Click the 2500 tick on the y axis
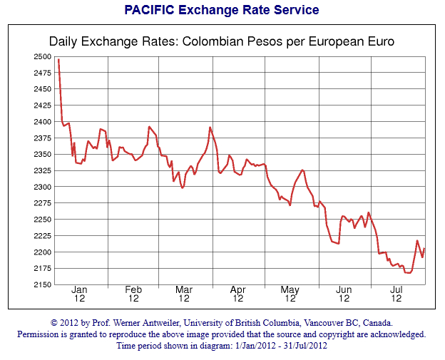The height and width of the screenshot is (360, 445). pos(42,56)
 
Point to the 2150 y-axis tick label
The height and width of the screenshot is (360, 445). pos(42,284)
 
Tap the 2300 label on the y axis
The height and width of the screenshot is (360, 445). pos(42,187)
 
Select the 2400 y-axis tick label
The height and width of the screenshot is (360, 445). pos(42,122)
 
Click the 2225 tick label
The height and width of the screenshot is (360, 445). pos(42,236)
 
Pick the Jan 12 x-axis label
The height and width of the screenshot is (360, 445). pos(79,294)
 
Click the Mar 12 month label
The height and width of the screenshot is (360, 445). pos(185,294)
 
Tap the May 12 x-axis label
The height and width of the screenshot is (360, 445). pos(290,294)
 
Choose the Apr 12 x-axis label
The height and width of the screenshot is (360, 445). pos(237,294)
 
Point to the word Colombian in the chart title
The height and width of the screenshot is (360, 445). pos(208,41)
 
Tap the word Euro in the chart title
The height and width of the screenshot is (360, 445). pos(379,41)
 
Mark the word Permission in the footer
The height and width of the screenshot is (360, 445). pos(41,334)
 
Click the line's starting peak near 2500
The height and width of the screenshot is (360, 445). pos(58,58)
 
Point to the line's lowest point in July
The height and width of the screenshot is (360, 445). pos(408,273)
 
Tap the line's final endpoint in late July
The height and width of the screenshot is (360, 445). pos(424,248)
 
